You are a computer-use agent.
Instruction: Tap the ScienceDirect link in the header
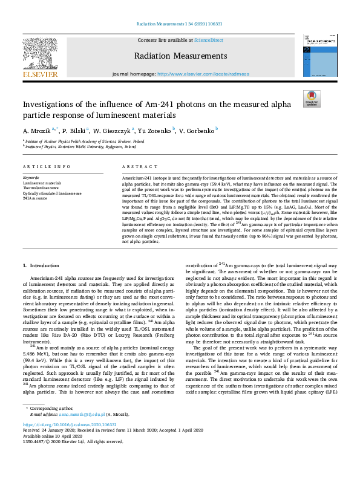point(208,40)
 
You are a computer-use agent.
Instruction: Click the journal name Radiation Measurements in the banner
point(180,56)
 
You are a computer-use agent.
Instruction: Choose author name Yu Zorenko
point(155,130)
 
